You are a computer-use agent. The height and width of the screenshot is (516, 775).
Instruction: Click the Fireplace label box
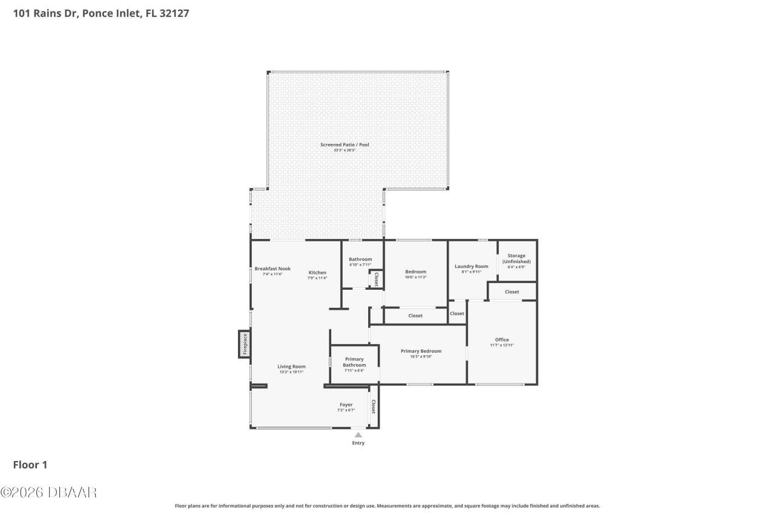(245, 344)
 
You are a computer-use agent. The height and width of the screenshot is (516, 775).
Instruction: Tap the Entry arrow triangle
(358, 434)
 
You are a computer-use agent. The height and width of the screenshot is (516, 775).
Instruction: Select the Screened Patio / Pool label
(345, 145)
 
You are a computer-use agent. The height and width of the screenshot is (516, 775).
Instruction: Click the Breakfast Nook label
(272, 269)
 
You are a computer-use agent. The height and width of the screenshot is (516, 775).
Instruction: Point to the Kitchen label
(317, 272)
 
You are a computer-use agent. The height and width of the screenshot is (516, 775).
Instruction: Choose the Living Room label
(291, 367)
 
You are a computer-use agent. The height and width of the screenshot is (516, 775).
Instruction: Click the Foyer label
(346, 405)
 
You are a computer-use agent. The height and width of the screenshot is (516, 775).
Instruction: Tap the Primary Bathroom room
(354, 364)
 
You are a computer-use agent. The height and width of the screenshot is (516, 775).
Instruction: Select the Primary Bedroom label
(421, 351)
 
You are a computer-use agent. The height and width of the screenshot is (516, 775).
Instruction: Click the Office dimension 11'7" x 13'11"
(502, 345)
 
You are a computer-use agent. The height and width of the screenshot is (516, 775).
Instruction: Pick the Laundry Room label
(471, 266)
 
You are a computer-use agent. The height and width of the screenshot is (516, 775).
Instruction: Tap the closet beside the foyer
(374, 407)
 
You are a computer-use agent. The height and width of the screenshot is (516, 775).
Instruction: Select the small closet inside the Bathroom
(376, 279)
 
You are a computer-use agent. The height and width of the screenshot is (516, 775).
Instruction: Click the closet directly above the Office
(512, 292)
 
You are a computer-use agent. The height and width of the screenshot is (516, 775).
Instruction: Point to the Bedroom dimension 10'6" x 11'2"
(415, 277)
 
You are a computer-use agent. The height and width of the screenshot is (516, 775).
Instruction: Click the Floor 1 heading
(30, 465)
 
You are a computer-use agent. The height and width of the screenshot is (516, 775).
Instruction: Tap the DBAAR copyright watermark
(48, 492)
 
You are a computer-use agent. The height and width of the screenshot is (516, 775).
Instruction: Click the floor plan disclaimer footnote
(387, 506)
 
